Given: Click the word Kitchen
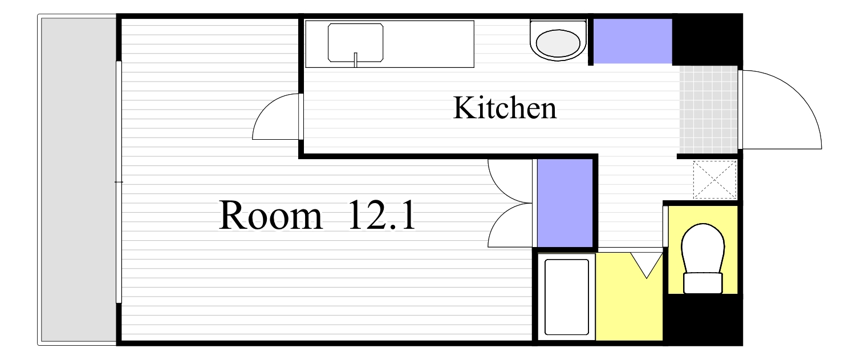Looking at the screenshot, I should (x=505, y=108).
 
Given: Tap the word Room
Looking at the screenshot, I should (x=270, y=216).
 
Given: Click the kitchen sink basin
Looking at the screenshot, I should (x=355, y=42).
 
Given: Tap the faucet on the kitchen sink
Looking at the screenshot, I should (x=355, y=59).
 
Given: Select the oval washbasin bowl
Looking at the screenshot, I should (x=558, y=43).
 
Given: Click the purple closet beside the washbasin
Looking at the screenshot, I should (x=632, y=41).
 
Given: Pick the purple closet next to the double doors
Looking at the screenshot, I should (x=564, y=203).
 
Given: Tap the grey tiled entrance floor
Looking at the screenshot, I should (x=709, y=109).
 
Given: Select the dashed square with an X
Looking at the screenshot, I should (x=715, y=180).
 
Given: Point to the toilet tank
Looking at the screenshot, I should (x=703, y=283).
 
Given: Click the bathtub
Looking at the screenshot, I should (x=566, y=297).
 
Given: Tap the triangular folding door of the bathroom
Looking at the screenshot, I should (x=647, y=264).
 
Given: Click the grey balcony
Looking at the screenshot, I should (x=78, y=180).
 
